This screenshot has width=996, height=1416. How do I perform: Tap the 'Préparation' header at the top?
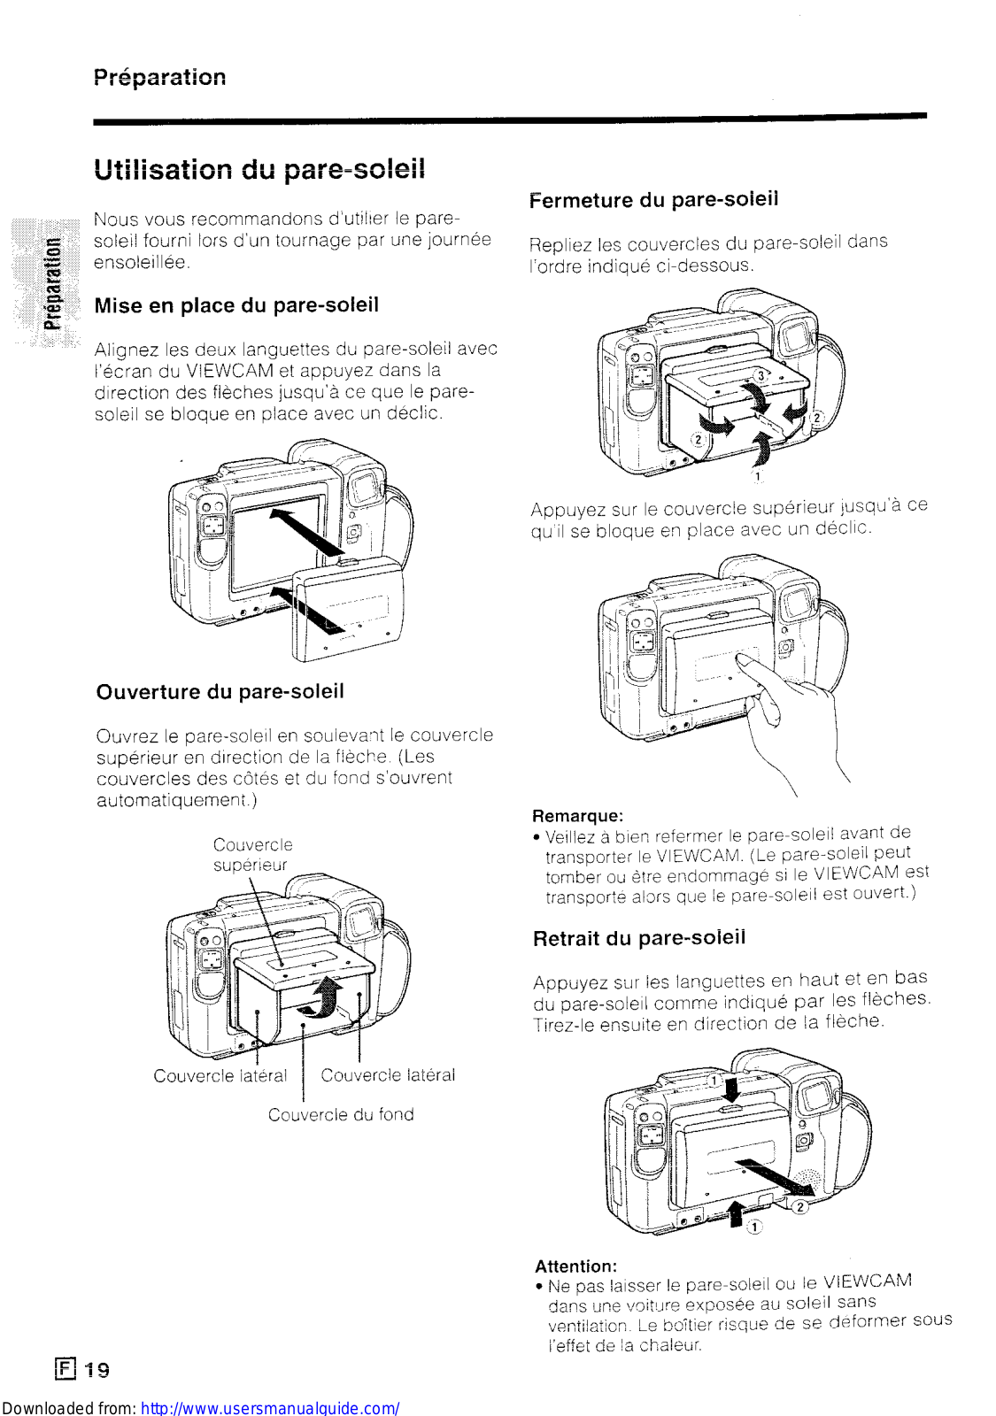pyautogui.click(x=159, y=77)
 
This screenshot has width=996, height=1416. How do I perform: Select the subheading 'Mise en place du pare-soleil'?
pyautogui.click(x=236, y=305)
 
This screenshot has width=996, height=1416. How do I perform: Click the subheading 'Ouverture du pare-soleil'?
pyautogui.click(x=220, y=692)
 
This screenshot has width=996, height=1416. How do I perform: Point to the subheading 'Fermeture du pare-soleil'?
pyautogui.click(x=653, y=200)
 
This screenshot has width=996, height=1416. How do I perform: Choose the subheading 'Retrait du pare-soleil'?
pyautogui.click(x=639, y=938)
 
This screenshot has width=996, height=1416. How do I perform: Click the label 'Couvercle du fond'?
pyautogui.click(x=341, y=1115)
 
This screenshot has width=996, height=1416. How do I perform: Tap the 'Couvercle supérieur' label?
pyautogui.click(x=252, y=855)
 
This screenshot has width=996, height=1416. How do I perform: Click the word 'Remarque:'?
pyautogui.click(x=577, y=816)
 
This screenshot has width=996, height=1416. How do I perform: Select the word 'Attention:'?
pyautogui.click(x=575, y=1266)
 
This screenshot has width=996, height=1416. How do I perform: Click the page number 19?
pyautogui.click(x=97, y=1371)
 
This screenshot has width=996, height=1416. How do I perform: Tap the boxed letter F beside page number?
pyautogui.click(x=66, y=1370)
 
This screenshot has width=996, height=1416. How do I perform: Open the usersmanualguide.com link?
pyautogui.click(x=270, y=1408)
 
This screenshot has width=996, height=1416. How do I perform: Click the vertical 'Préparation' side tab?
pyautogui.click(x=53, y=283)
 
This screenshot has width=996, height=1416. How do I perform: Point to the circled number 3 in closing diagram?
pyautogui.click(x=760, y=377)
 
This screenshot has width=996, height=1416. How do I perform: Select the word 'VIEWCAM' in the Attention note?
pyautogui.click(x=868, y=1281)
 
